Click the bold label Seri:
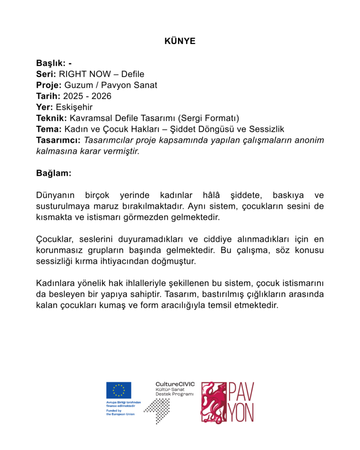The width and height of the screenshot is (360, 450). pyautogui.click(x=46, y=74)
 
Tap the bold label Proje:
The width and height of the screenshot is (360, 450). pyautogui.click(x=49, y=85)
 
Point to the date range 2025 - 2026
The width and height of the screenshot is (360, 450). pyautogui.click(x=87, y=96)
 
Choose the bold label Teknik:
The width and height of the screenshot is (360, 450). pyautogui.click(x=51, y=118)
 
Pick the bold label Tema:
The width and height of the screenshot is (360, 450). pyautogui.click(x=49, y=129)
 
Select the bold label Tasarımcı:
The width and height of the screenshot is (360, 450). pyautogui.click(x=58, y=140)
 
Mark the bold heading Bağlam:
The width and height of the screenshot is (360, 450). pyautogui.click(x=53, y=173)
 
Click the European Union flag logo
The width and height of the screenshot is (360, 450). pyautogui.click(x=118, y=390)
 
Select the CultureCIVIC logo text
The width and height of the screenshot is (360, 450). pyautogui.click(x=175, y=385)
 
